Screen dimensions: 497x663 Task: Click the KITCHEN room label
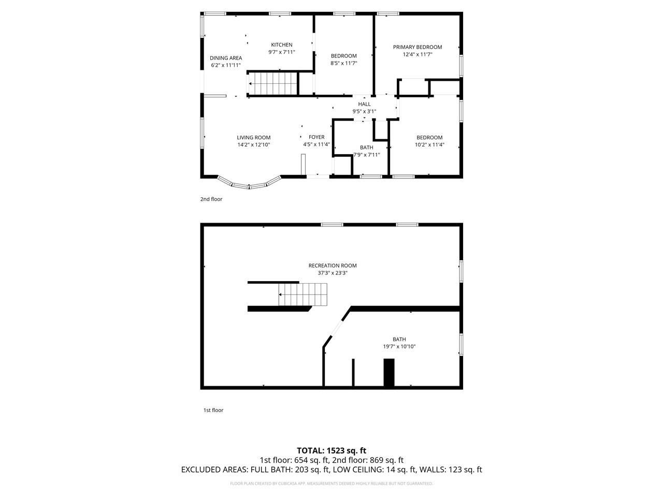pos(282,45)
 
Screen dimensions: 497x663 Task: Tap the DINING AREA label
pos(226,58)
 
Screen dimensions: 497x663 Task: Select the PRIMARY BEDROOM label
pos(417,47)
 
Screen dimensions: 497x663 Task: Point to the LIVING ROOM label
pos(254,138)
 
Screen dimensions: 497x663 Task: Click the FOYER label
pos(316,137)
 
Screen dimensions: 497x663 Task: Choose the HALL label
pos(364,104)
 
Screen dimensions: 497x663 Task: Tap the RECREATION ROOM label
pos(333,266)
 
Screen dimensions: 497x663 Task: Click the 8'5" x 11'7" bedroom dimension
pos(344,63)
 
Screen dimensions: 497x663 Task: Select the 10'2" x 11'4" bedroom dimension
pos(430,145)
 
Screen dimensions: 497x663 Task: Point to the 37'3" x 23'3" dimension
pos(333,273)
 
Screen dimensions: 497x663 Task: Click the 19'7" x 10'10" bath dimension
pos(399,347)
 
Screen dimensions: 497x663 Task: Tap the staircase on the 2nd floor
pos(272,83)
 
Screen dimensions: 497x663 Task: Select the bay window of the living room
pos(249,183)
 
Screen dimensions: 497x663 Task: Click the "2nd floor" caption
pos(211,199)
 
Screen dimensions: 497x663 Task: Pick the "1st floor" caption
pos(213,410)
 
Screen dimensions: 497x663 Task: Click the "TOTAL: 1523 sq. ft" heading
pos(331,450)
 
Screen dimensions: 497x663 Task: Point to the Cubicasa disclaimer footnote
pos(331,484)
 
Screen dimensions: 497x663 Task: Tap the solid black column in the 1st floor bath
pos(388,373)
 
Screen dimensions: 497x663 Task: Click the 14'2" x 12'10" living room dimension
pos(254,145)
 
